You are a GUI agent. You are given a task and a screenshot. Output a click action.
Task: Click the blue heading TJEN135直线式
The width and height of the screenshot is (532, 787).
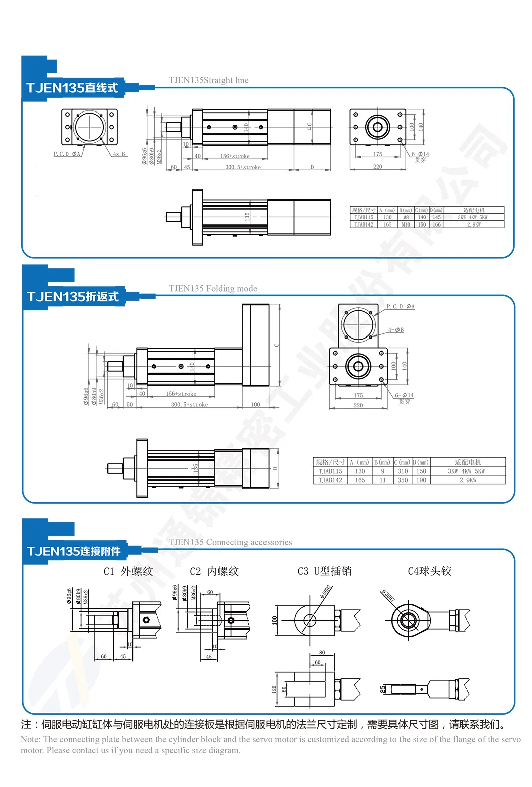tap(72, 88)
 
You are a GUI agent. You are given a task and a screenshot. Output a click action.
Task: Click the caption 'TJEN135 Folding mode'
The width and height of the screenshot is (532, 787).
tap(213, 289)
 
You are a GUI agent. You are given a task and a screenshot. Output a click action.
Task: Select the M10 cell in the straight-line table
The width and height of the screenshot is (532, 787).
tap(406, 224)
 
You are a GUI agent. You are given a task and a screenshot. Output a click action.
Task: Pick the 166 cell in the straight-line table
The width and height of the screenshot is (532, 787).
tap(437, 224)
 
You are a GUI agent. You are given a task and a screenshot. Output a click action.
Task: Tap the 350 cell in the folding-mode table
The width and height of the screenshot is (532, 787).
tap(403, 480)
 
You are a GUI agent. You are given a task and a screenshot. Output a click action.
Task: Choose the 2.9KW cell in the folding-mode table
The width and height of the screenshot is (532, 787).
tap(468, 480)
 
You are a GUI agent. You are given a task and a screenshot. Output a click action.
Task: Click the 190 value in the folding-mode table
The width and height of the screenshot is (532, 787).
tap(421, 480)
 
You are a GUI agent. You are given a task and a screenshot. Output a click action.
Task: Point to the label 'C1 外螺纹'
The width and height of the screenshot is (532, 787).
tap(128, 571)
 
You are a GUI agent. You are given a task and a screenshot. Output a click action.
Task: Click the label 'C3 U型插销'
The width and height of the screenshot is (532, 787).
tap(324, 571)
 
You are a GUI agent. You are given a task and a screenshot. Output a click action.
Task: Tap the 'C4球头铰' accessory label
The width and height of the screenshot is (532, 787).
tap(429, 571)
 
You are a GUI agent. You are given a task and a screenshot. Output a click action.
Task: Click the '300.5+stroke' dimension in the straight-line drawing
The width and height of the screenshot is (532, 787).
tap(243, 167)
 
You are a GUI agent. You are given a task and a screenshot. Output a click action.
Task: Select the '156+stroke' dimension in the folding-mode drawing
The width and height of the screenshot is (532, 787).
tap(181, 394)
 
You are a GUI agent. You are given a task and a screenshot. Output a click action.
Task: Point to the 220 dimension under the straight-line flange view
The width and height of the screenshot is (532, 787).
tap(377, 167)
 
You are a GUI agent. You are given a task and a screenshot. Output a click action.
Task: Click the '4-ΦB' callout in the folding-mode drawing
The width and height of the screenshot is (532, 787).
tap(395, 330)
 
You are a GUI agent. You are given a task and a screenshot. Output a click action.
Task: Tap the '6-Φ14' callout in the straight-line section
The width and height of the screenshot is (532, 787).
tap(420, 154)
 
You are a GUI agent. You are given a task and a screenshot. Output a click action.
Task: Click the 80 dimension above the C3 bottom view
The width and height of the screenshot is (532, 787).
tap(322, 653)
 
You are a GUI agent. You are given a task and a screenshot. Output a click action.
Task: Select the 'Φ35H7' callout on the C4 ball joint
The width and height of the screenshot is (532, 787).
tap(388, 596)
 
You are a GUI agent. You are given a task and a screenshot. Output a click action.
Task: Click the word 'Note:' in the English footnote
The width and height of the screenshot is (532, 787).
tap(31, 739)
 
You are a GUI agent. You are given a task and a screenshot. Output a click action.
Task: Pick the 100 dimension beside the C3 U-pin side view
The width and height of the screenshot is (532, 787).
tap(274, 620)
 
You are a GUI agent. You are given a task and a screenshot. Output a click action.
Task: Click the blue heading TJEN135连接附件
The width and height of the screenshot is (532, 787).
tap(74, 551)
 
